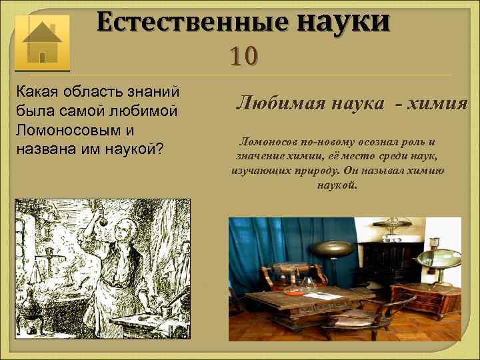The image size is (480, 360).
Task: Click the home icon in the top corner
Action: click(42, 42)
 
